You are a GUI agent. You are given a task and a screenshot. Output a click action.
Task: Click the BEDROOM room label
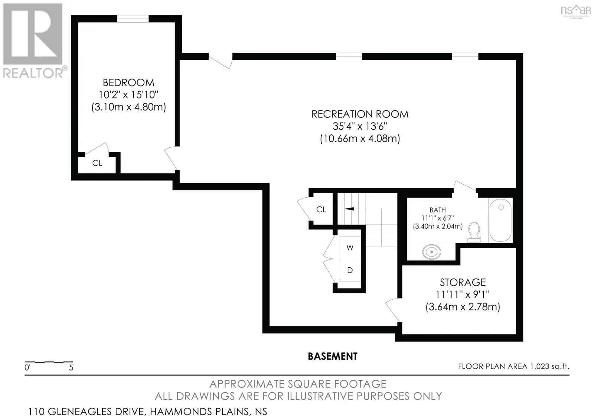[x=128, y=83]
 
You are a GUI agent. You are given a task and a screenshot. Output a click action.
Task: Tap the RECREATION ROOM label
[x=360, y=114]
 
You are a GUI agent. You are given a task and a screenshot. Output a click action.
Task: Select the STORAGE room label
[x=463, y=282]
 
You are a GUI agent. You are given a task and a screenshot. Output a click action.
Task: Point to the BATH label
[x=438, y=210]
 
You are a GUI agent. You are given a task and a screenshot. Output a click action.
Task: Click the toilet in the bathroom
[x=474, y=232]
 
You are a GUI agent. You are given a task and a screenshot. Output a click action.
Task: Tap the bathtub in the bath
[x=500, y=221]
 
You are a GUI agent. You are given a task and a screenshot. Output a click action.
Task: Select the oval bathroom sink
[x=431, y=251]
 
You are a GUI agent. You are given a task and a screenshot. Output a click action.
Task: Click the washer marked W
[x=350, y=248]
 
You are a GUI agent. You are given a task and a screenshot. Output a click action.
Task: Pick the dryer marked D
[x=350, y=270]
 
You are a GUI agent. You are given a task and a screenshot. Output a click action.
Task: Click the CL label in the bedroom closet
[x=97, y=163]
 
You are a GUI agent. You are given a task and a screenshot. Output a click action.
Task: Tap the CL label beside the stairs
[x=321, y=209]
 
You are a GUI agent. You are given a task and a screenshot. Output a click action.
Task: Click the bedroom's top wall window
[x=133, y=19]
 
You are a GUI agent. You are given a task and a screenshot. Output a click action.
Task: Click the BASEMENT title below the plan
[x=333, y=356]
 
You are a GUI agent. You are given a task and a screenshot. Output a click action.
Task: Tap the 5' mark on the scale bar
[x=72, y=368]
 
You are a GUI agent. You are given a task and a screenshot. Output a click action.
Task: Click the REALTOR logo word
[x=33, y=73]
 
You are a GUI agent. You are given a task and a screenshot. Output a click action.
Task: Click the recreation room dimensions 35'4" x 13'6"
[x=360, y=126]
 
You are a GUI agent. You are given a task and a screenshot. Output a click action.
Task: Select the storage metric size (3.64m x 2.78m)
[x=463, y=307]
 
